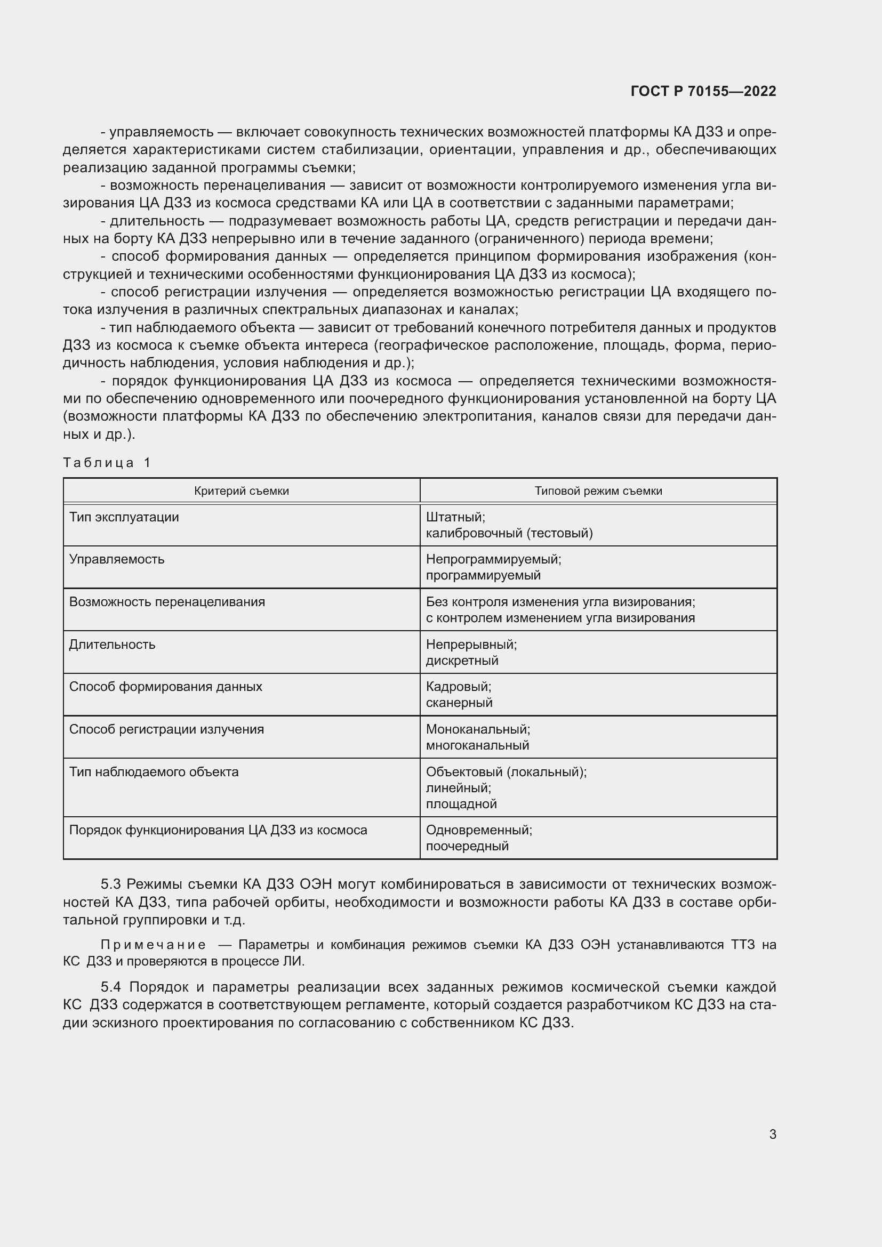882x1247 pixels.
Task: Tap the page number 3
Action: (772, 1134)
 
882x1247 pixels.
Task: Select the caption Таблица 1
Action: (107, 463)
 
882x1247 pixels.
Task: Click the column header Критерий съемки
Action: (241, 491)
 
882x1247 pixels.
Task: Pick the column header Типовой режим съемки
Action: (598, 491)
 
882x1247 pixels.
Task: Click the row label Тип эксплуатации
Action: (124, 517)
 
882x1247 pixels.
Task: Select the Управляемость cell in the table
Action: (117, 559)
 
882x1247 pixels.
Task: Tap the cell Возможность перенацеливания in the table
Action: (167, 602)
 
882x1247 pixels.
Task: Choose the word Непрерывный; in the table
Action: (471, 645)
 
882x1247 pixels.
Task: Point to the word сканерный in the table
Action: (459, 703)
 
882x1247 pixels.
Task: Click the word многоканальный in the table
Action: (477, 745)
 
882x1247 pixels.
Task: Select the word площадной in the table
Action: (461, 804)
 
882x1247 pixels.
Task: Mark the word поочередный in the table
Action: (467, 846)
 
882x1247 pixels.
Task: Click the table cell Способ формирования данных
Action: (165, 687)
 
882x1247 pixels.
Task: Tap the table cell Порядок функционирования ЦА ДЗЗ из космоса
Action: (218, 830)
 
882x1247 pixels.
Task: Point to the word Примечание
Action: (153, 945)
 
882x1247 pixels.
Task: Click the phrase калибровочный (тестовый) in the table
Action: (509, 533)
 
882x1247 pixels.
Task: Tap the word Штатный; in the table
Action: (455, 517)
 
